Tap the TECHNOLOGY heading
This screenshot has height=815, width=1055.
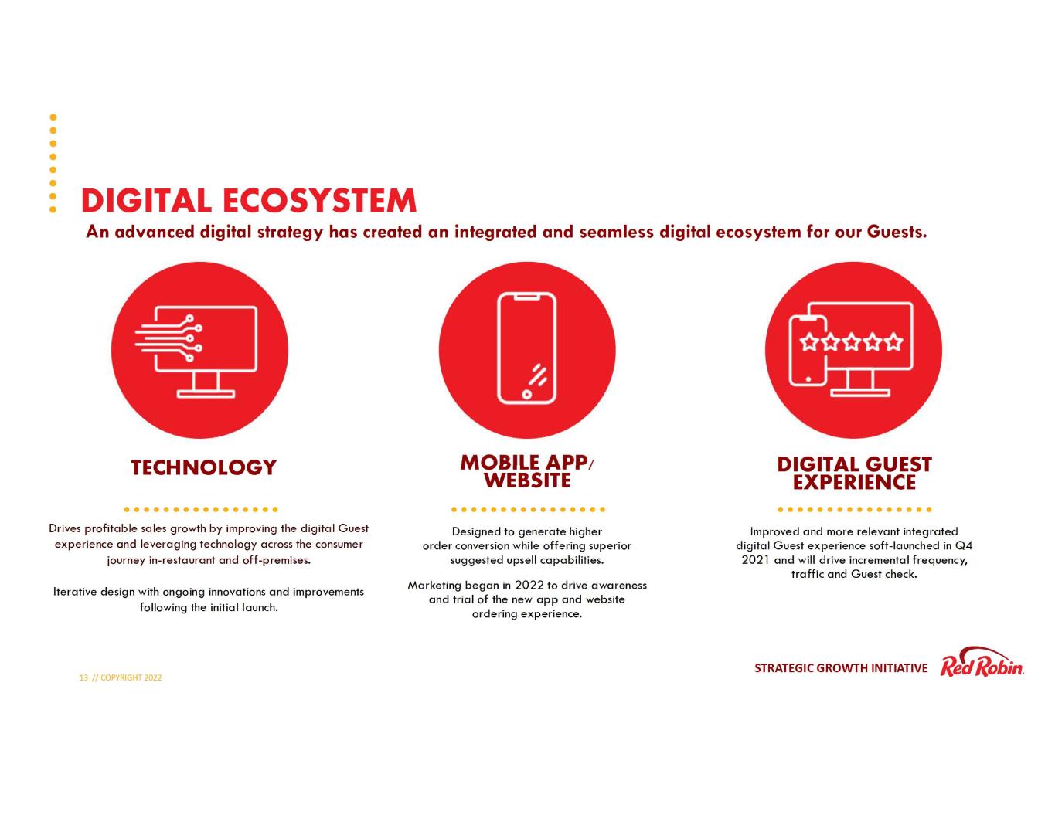coord(203,467)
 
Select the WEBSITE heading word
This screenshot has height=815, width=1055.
coord(527,481)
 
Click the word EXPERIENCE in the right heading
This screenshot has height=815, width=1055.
coord(854,482)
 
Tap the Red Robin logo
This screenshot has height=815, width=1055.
coord(982,663)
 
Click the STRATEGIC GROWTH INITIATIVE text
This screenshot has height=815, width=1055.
coord(840,668)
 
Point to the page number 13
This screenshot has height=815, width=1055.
coord(83,677)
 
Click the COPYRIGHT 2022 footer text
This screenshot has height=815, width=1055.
coord(131,677)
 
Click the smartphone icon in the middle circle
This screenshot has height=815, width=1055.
coord(527,348)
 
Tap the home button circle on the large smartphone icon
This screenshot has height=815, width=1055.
coord(526,394)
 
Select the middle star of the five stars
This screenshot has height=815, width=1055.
coord(851,342)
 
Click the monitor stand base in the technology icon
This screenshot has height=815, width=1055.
coord(206,394)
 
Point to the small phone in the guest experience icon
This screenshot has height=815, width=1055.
coord(808,350)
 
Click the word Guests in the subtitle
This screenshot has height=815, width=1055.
coord(897,232)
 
